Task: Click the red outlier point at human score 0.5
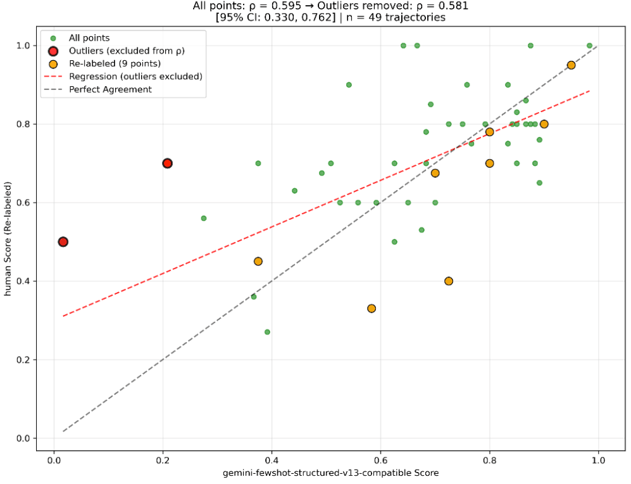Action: point(63,241)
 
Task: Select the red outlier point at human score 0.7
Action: point(167,163)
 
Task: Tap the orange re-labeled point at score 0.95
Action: point(571,65)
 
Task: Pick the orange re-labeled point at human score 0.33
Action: point(372,309)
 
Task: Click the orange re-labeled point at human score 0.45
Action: point(258,261)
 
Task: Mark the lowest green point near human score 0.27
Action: point(267,332)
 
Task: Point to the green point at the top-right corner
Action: point(589,46)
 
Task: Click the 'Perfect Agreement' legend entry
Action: point(110,89)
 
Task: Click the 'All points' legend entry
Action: point(89,39)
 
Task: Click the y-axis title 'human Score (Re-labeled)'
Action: point(9,241)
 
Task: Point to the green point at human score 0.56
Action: point(203,218)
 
